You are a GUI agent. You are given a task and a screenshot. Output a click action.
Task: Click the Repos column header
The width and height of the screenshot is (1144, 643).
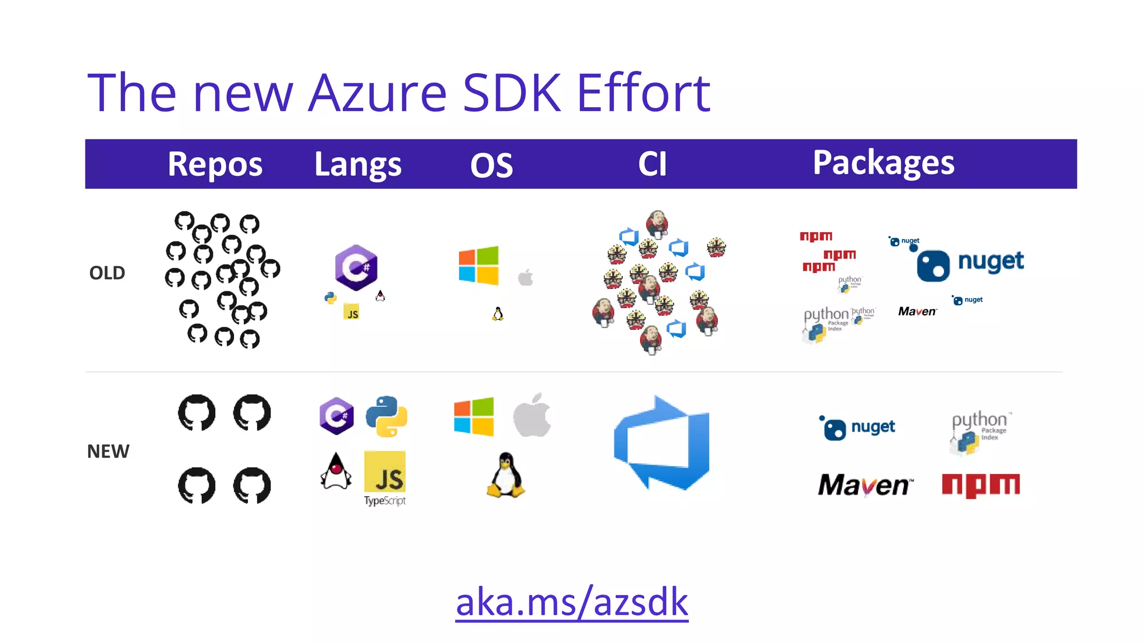(215, 164)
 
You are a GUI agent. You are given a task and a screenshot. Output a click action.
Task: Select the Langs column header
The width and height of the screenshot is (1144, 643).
(357, 164)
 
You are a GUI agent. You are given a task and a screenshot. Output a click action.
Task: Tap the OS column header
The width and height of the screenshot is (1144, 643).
(492, 165)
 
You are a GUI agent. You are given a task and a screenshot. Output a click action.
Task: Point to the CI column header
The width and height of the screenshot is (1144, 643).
(652, 164)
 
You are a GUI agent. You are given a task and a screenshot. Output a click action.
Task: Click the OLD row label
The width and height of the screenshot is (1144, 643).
(107, 273)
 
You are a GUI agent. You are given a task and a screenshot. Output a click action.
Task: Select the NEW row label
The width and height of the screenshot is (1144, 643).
(108, 451)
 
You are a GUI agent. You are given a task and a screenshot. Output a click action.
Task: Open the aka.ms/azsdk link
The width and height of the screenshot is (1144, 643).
(571, 602)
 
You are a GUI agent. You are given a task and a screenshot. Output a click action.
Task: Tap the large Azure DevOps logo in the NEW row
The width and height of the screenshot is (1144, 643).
(662, 444)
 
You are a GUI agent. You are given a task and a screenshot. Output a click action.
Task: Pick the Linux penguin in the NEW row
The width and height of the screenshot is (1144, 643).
(506, 475)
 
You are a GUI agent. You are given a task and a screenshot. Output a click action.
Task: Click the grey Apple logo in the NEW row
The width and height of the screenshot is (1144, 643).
(532, 415)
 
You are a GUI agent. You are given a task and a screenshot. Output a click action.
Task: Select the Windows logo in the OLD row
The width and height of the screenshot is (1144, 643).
(479, 266)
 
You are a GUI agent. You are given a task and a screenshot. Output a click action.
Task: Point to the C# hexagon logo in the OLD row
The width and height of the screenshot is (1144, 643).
(356, 267)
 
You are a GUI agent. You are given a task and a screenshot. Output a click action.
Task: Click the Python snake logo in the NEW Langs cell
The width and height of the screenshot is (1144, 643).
(387, 416)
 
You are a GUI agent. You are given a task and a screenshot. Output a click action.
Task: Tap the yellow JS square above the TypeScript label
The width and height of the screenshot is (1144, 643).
(385, 472)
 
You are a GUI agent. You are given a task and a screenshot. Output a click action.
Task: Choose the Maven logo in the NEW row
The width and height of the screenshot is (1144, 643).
(865, 485)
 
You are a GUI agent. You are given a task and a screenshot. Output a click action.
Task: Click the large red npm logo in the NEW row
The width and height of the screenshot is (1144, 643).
(981, 485)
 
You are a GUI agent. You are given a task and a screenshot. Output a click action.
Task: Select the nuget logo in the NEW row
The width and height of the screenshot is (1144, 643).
(857, 428)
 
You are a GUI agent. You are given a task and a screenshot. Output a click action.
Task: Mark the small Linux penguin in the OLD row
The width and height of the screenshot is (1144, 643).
(498, 314)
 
